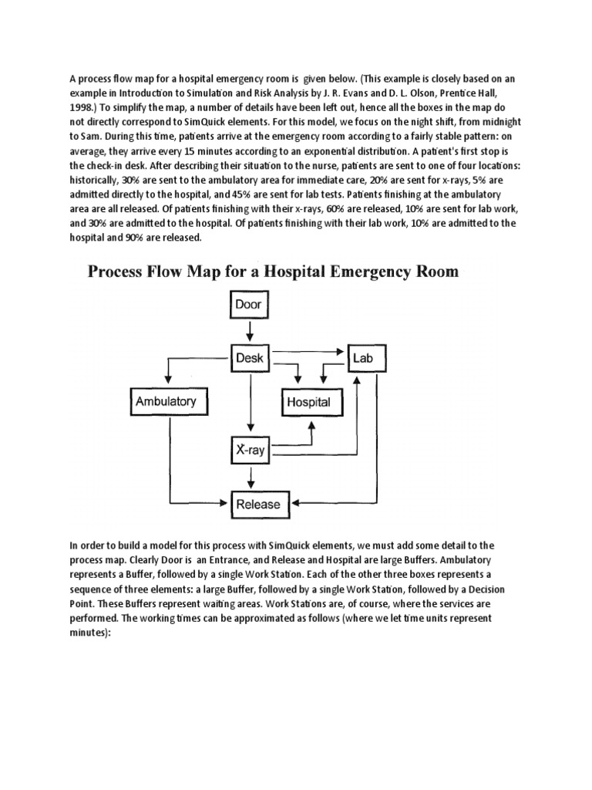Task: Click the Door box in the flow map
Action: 248,304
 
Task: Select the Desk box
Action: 248,357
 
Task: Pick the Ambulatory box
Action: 166,400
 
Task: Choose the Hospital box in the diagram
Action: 308,401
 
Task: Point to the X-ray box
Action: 248,450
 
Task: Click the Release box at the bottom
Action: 258,504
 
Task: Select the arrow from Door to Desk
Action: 248,331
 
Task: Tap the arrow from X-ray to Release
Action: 248,477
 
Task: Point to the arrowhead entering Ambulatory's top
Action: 166,382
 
